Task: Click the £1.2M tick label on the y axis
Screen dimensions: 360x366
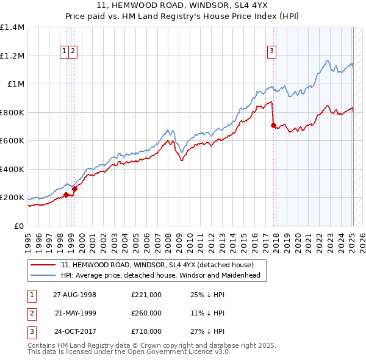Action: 12,56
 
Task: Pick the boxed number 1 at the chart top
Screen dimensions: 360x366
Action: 64,51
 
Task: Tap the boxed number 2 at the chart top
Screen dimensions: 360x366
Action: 73,51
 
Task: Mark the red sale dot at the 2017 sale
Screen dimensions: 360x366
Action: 274,126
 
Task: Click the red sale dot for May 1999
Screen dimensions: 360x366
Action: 74,189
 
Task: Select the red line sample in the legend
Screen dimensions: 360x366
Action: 43,265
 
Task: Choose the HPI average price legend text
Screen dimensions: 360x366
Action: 160,275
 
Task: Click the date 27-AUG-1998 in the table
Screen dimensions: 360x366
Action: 74,295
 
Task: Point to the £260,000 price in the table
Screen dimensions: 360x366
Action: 146,313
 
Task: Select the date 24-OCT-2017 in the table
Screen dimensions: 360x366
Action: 74,331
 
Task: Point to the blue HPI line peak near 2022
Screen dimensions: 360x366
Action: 328,60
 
